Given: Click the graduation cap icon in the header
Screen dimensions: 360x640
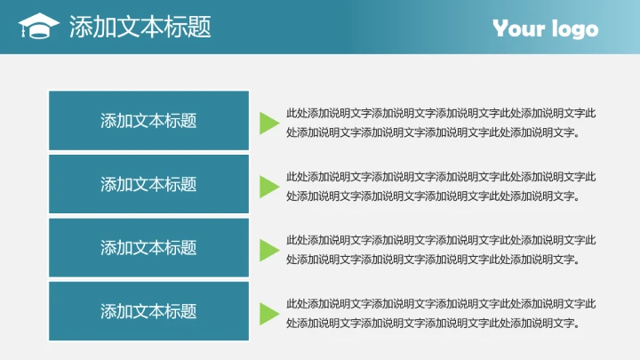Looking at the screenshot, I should click(x=38, y=27).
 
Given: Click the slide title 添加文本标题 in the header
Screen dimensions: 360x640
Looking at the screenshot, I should click(x=140, y=28).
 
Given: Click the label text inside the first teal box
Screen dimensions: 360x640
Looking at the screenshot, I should click(x=148, y=121).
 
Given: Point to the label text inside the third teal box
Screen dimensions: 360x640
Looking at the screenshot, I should click(x=148, y=248).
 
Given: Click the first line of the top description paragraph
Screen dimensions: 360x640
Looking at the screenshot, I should click(x=441, y=113).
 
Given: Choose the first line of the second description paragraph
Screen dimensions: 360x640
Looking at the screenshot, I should click(x=441, y=176).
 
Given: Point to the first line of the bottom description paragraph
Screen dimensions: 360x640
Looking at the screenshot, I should click(x=441, y=303).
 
